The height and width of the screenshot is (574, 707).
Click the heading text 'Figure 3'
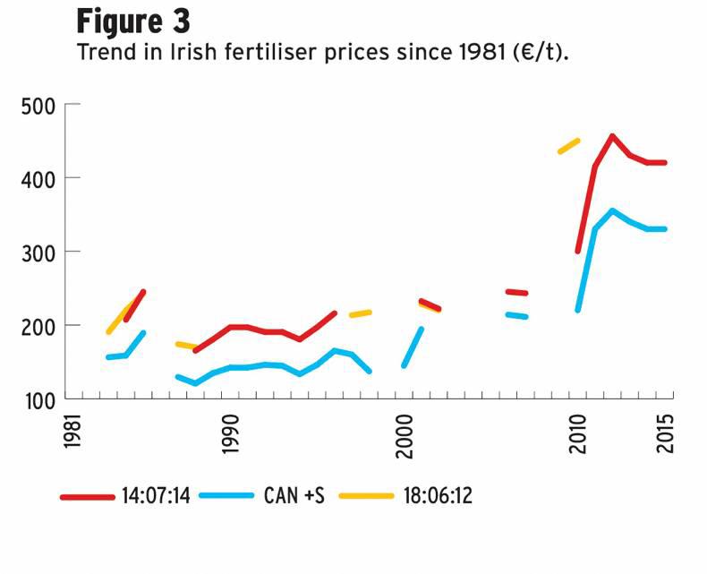click(x=132, y=19)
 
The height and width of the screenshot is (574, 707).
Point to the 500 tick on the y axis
click(x=38, y=107)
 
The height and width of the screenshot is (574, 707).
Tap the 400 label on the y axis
click(x=38, y=179)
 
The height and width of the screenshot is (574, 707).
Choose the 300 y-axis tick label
click(x=38, y=253)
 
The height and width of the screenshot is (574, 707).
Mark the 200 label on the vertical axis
click(x=38, y=326)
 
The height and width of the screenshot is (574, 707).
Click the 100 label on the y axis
click(x=38, y=399)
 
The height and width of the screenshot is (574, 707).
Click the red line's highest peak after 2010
click(x=612, y=136)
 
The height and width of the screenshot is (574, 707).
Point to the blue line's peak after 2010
click(x=612, y=210)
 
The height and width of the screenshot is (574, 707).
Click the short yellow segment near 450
click(x=568, y=145)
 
